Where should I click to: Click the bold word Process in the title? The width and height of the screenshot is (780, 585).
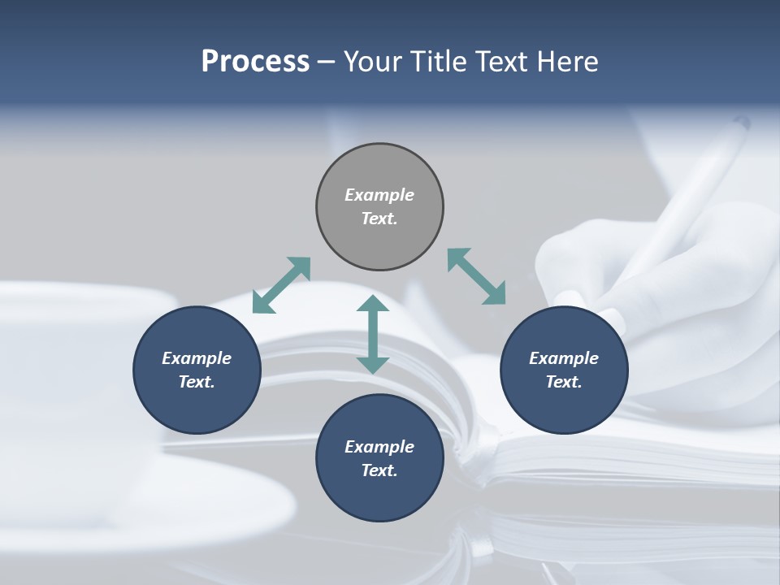point(255,62)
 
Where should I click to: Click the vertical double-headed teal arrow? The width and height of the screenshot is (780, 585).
point(373,335)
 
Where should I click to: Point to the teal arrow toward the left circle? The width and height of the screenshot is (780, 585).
point(281,285)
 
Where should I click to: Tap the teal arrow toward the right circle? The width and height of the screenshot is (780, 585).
point(477,276)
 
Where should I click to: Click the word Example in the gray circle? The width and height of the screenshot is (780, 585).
point(379,195)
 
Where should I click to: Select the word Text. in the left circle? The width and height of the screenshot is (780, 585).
point(197,382)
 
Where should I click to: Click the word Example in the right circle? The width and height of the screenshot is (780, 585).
point(564,358)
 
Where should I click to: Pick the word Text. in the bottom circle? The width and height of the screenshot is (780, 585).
point(379,470)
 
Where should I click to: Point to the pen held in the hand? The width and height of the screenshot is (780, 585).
point(691,195)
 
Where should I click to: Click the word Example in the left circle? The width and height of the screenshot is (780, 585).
point(197,358)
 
